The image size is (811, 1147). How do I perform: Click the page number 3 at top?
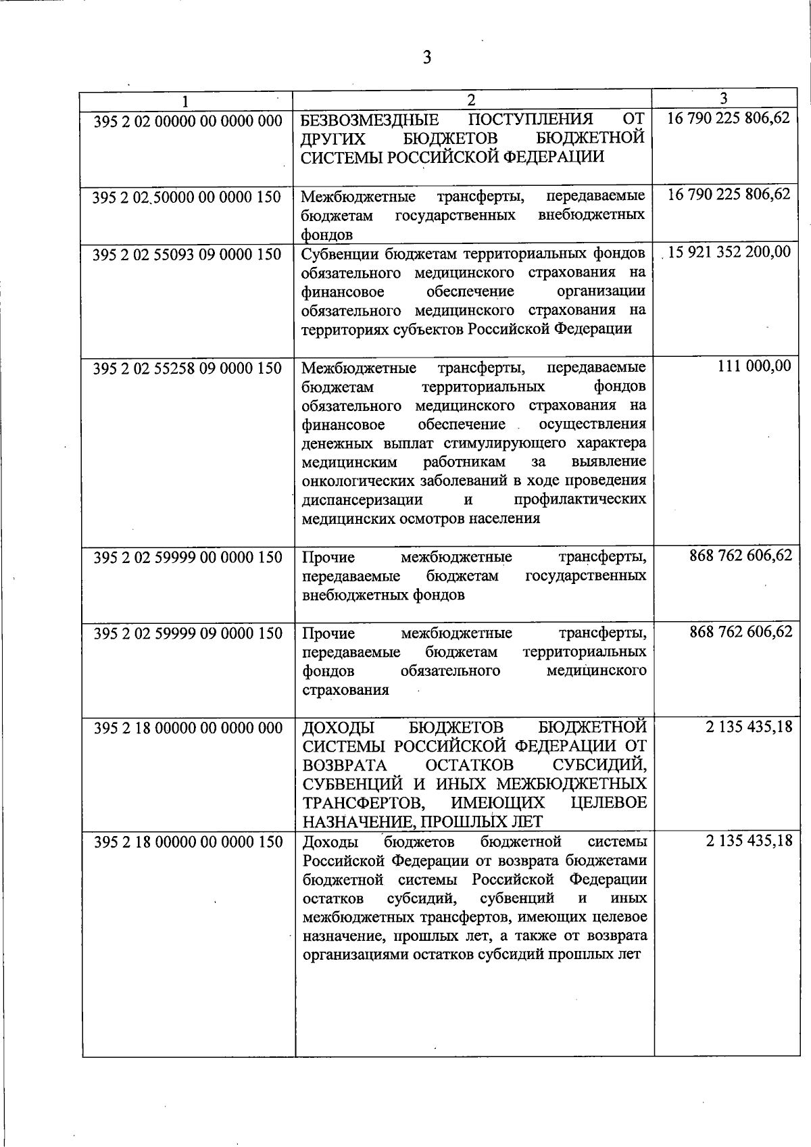(x=426, y=57)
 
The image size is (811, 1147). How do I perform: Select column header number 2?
(x=472, y=100)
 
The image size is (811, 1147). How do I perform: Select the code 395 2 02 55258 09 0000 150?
(x=187, y=368)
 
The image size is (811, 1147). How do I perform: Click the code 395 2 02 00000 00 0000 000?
(x=187, y=120)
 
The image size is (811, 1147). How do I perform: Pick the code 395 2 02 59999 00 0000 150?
(x=187, y=558)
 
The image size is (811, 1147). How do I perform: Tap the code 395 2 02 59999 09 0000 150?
(x=187, y=634)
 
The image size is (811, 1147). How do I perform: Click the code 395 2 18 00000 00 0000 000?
(x=187, y=728)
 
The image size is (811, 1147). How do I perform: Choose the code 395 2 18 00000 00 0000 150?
(x=187, y=842)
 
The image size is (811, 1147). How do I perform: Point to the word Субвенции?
(x=336, y=254)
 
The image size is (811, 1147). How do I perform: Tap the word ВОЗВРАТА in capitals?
(x=345, y=765)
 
